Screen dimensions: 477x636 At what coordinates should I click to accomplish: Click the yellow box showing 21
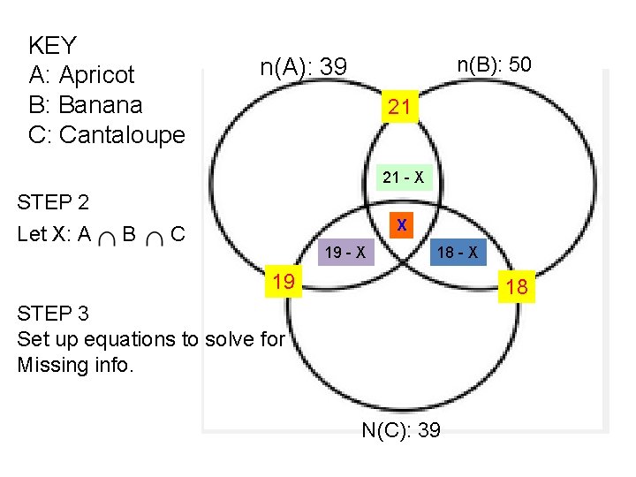[399, 108]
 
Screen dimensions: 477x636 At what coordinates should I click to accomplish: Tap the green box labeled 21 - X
[403, 178]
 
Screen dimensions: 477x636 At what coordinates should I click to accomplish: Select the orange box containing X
[402, 225]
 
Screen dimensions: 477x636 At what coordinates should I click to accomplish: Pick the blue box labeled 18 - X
[458, 254]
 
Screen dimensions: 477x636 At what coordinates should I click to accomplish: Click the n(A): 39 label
[304, 67]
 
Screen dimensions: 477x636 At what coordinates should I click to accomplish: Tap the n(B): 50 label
[494, 64]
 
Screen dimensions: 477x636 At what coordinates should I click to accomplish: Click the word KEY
[53, 45]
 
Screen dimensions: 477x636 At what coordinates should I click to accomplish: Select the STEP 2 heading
[54, 203]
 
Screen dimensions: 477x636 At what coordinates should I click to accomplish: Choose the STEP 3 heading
[54, 314]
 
